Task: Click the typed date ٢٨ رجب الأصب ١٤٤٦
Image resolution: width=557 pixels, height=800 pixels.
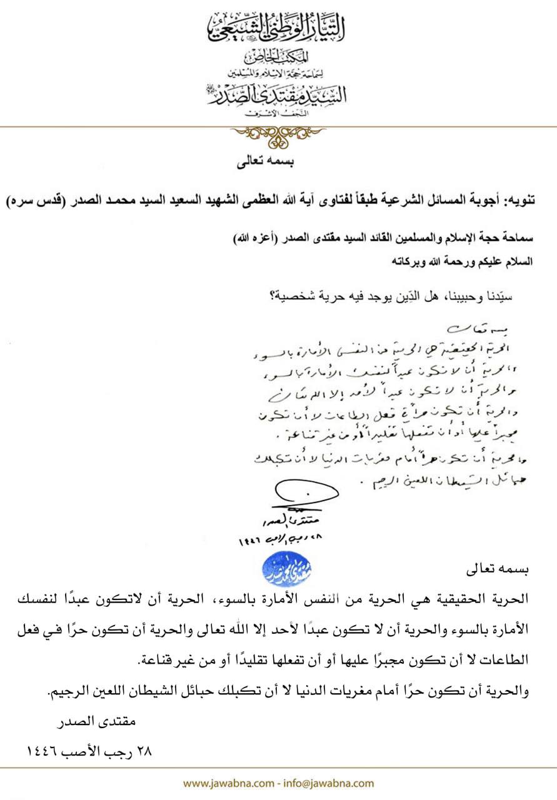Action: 91,751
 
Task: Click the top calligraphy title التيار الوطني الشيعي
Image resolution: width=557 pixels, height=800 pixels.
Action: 278,26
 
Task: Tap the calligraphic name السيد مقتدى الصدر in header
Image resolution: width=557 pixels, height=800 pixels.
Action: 277,96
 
